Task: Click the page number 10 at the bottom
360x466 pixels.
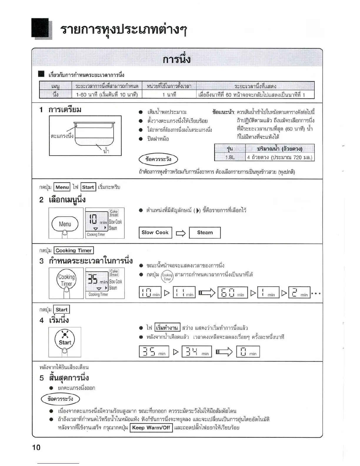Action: point(36,447)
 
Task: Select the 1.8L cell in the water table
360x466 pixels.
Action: point(230,157)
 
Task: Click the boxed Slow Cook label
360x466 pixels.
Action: point(155,232)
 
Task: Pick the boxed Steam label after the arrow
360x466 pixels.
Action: point(205,232)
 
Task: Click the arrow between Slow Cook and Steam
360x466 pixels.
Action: point(181,233)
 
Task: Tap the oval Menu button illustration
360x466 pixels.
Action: point(65,224)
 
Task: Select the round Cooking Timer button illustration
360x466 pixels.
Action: point(66,280)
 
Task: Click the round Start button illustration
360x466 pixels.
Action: point(65,339)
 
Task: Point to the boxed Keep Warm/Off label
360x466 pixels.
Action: point(151,427)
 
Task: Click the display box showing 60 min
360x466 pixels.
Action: point(232,292)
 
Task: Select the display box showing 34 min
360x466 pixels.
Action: point(196,352)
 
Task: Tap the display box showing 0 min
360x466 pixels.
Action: point(248,352)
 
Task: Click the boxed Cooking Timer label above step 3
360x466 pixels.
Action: point(74,250)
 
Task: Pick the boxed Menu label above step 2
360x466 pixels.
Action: point(62,187)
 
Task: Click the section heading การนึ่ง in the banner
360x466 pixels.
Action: point(176,59)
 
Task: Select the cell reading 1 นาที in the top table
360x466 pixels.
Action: point(169,94)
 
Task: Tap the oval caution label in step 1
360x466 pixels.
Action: point(158,159)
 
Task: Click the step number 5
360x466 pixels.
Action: point(42,378)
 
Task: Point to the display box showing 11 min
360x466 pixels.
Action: point(184,292)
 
